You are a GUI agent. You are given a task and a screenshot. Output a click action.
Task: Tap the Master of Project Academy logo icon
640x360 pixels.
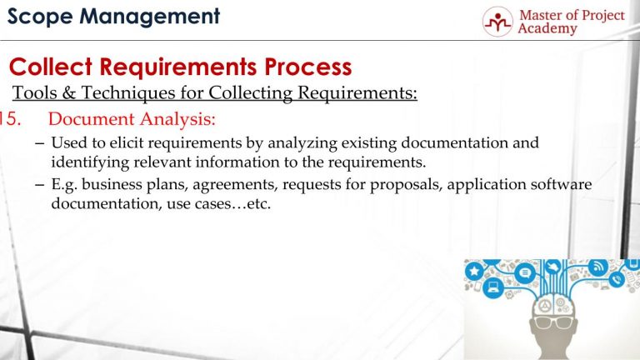coord(498,22)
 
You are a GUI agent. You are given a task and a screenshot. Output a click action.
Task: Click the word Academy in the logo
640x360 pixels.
coord(547,29)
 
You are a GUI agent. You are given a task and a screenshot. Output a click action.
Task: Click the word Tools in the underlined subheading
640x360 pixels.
coord(34,92)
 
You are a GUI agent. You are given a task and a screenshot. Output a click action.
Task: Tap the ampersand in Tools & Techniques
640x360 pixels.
coord(67,92)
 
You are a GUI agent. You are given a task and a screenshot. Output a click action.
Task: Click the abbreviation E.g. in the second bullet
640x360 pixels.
coord(64,185)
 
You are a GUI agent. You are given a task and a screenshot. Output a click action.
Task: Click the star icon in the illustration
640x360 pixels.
coord(474,272)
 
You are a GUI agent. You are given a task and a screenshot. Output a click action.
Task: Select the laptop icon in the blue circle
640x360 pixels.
coord(492,288)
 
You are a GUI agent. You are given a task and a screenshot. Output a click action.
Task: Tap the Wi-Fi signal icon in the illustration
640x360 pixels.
coord(597,267)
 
